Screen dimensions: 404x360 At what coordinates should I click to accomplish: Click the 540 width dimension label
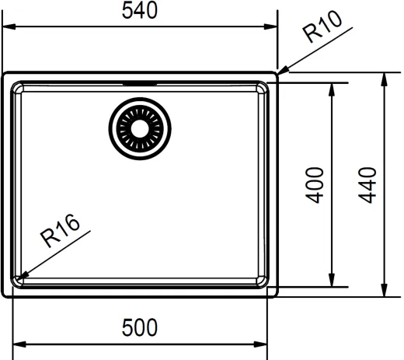(x=140, y=10)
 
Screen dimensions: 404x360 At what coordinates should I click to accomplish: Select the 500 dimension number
(x=140, y=327)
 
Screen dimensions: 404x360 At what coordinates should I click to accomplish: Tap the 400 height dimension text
(x=315, y=185)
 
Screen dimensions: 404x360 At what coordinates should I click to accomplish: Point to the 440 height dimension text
(x=367, y=185)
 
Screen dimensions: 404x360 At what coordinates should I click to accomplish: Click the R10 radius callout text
(x=322, y=26)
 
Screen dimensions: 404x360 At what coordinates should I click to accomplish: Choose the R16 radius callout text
(x=60, y=231)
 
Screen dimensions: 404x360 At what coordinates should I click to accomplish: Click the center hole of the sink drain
(x=140, y=129)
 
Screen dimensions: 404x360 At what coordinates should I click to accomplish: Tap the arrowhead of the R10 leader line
(x=283, y=71)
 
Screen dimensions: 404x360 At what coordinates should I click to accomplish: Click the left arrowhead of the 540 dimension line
(x=9, y=26)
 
